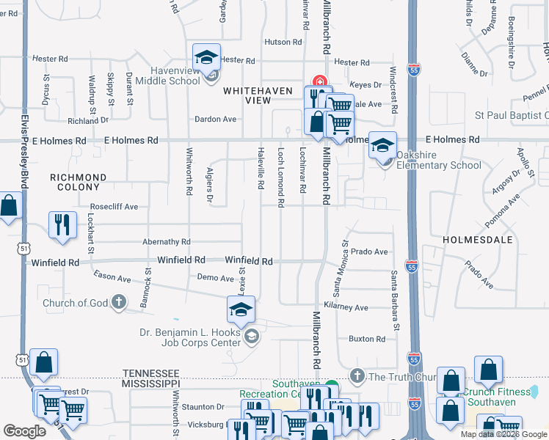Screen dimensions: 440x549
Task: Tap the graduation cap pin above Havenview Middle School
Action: (207, 57)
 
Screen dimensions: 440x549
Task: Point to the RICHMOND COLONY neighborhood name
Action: (78, 183)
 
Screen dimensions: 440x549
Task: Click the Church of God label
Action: (76, 303)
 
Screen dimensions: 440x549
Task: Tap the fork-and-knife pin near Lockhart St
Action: (62, 224)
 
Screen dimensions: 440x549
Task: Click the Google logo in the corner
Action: (24, 431)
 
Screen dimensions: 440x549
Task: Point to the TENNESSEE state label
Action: (150, 373)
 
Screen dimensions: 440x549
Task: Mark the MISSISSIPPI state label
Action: (150, 383)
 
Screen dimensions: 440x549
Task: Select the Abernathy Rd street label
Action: (167, 241)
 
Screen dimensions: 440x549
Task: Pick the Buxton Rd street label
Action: (366, 339)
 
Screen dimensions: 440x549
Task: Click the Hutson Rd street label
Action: (279, 43)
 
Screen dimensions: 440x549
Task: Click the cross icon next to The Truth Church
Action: (357, 376)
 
